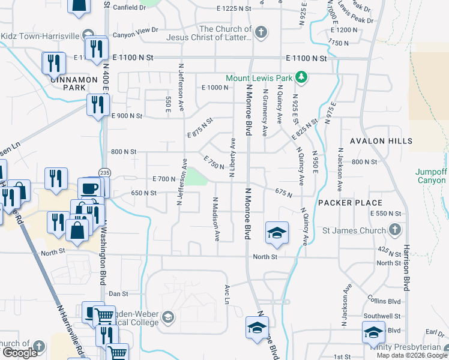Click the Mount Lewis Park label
tap(259, 78)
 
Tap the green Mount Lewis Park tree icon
tap(304, 78)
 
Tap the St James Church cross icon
tap(395, 229)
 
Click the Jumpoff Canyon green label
tap(432, 175)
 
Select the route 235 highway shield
tap(105, 172)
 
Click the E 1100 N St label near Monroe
tap(306, 58)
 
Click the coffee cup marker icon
tap(89, 187)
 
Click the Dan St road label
tap(118, 294)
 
